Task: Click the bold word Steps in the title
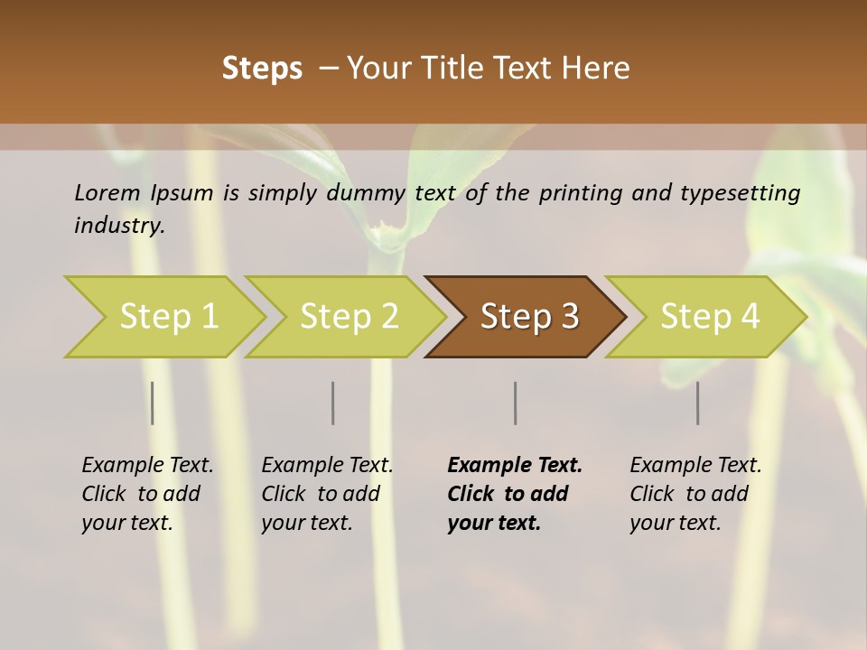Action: pyautogui.click(x=262, y=69)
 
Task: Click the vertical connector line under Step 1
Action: pyautogui.click(x=153, y=403)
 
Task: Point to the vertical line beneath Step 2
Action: pyautogui.click(x=333, y=403)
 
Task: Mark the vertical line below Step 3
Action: pyautogui.click(x=516, y=403)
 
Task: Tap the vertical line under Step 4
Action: pyautogui.click(x=698, y=403)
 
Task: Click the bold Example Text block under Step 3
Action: pyautogui.click(x=515, y=494)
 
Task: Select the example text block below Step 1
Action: pyautogui.click(x=147, y=494)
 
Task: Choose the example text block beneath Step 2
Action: pyautogui.click(x=327, y=494)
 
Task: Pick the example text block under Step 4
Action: pyautogui.click(x=695, y=494)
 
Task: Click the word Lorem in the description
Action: pyautogui.click(x=107, y=192)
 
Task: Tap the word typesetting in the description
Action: pyautogui.click(x=743, y=192)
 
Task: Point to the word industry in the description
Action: pyautogui.click(x=119, y=225)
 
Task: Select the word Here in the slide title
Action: pyautogui.click(x=596, y=69)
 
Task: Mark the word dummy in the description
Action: pyautogui.click(x=366, y=192)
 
